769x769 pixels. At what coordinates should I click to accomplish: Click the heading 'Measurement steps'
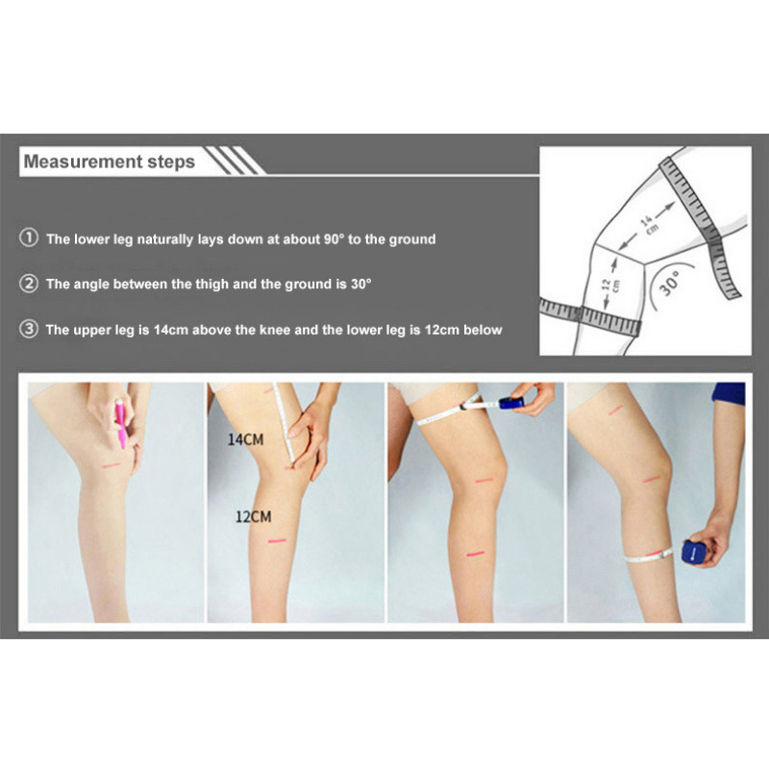tap(109, 161)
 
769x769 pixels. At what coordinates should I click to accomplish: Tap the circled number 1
tap(29, 237)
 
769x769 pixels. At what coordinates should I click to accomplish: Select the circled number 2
tap(29, 283)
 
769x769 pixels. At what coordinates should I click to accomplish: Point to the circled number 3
tap(29, 329)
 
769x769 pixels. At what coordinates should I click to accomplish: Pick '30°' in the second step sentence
tap(361, 284)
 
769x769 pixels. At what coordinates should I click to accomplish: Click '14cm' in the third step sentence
tap(171, 330)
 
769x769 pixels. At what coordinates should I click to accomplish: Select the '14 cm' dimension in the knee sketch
tap(647, 224)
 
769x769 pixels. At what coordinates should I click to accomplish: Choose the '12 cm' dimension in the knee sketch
tap(610, 285)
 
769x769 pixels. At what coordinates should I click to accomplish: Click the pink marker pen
tap(120, 424)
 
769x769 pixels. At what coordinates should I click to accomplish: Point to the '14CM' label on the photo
tap(245, 439)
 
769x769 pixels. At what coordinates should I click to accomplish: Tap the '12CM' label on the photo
tap(253, 516)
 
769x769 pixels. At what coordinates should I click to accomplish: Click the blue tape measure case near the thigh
tap(511, 403)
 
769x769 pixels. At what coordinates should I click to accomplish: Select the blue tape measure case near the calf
tap(691, 552)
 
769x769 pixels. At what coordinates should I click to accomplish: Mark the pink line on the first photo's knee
tap(111, 465)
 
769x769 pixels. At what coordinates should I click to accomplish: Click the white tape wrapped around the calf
tap(648, 556)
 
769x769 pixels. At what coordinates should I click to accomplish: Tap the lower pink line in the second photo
tap(277, 541)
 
